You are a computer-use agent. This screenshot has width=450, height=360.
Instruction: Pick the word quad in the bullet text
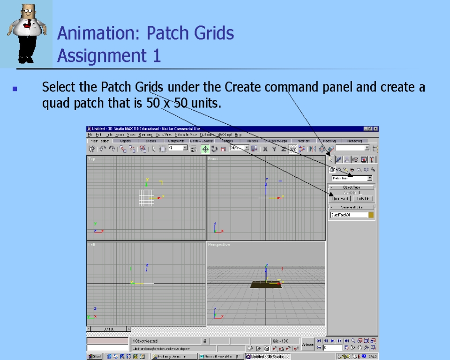pyautogui.click(x=57, y=103)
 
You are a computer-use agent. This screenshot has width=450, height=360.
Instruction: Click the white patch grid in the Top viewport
pyautogui.click(x=146, y=198)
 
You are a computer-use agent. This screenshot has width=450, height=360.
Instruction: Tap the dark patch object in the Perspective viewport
pyautogui.click(x=266, y=284)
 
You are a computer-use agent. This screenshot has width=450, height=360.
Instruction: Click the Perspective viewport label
pyautogui.click(x=219, y=245)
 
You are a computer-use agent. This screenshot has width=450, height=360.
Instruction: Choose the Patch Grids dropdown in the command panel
pyautogui.click(x=352, y=178)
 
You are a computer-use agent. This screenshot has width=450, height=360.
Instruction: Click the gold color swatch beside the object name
pyautogui.click(x=371, y=215)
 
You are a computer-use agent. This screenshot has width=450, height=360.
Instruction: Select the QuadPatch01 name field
pyautogui.click(x=348, y=215)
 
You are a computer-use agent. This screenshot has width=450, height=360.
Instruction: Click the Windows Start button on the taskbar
pyautogui.click(x=94, y=356)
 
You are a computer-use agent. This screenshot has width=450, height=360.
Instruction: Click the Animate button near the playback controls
pyautogui.click(x=307, y=345)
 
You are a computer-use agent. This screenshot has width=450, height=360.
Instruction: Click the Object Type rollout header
pyautogui.click(x=352, y=187)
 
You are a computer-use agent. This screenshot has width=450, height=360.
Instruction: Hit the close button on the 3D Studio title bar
pyautogui.click(x=375, y=129)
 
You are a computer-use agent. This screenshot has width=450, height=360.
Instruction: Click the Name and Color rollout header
pyautogui.click(x=352, y=207)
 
